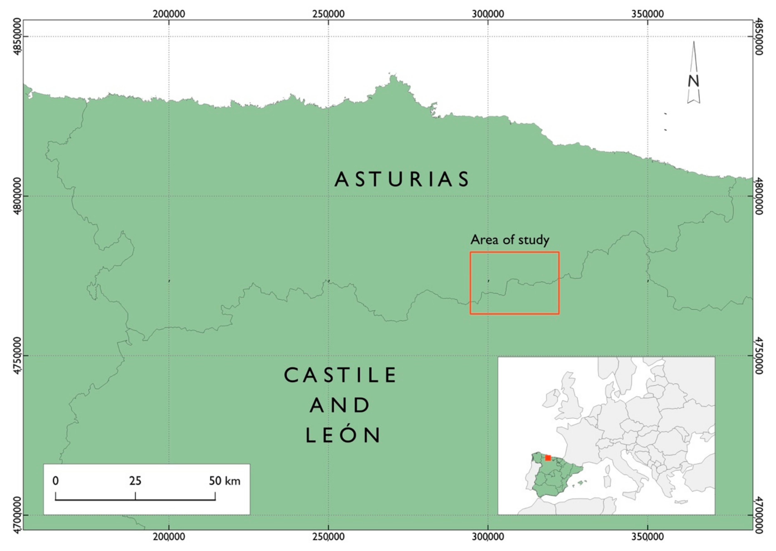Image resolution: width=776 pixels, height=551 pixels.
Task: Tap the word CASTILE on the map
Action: pyautogui.click(x=340, y=375)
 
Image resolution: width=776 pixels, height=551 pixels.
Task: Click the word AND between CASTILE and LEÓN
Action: pyautogui.click(x=340, y=405)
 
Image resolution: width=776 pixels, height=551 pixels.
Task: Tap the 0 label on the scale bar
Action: pyautogui.click(x=56, y=481)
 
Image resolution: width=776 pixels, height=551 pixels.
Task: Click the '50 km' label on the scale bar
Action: pyautogui.click(x=224, y=481)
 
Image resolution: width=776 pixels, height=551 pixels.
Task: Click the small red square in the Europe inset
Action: pyautogui.click(x=548, y=458)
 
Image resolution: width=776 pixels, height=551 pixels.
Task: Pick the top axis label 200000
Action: pyautogui.click(x=169, y=14)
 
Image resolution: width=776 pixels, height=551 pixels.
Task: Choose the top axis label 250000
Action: pyautogui.click(x=328, y=14)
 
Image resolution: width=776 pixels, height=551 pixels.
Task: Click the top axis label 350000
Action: pyautogui.click(x=648, y=14)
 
